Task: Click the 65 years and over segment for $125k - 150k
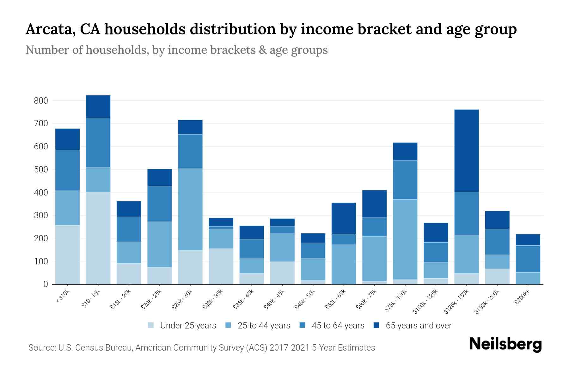pos(467,151)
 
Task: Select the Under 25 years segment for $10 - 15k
pos(98,238)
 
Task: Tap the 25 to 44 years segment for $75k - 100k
pos(405,239)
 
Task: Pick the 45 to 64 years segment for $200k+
pos(528,259)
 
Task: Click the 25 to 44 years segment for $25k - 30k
pos(190,209)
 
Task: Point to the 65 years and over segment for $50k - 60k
pos(344,218)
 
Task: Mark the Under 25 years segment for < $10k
pos(67,255)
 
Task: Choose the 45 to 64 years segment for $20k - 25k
pos(160,204)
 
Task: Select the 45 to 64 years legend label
pos(338,325)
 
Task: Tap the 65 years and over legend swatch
pos(376,325)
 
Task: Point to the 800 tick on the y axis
pos(41,101)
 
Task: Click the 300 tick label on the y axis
pos(41,216)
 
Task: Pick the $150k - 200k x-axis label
pos(487,302)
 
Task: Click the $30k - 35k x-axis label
pos(213,300)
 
